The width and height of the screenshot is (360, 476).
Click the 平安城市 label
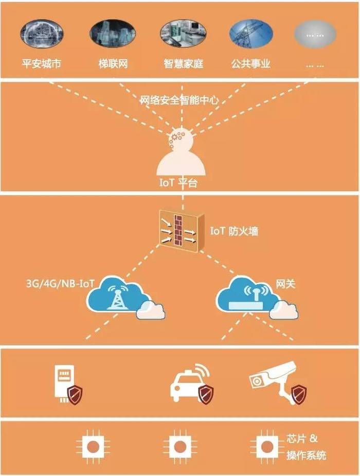click(41, 64)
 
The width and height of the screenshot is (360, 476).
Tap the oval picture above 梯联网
click(113, 33)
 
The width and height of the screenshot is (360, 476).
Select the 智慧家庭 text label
click(183, 64)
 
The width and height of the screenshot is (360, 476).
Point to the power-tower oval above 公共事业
click(251, 33)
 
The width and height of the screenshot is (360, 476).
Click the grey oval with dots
click(315, 34)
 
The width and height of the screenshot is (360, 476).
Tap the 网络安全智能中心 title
click(179, 100)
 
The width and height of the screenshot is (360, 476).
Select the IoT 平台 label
click(178, 182)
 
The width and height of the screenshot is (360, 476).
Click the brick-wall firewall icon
click(182, 230)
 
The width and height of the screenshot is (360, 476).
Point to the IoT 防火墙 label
click(234, 231)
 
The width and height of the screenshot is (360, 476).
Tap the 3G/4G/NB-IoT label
click(60, 284)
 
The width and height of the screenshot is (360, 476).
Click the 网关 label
click(285, 284)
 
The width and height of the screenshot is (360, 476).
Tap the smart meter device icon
click(64, 383)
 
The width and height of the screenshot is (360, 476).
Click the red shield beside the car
click(206, 394)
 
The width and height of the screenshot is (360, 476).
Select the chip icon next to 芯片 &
click(267, 447)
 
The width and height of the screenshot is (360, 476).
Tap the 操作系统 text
click(306, 455)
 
